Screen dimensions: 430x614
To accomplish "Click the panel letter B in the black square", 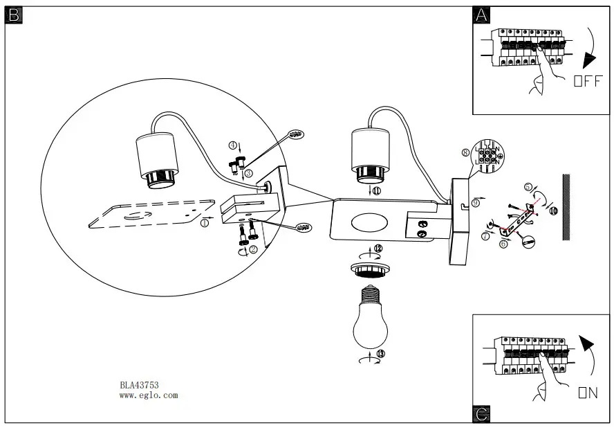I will (14, 15).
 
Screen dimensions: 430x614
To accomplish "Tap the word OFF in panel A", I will (587, 81).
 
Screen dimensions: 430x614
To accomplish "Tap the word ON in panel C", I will (587, 393).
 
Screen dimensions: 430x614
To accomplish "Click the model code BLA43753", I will (140, 386).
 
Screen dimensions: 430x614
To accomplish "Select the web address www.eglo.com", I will (149, 396).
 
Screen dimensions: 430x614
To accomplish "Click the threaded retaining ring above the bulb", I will (372, 268).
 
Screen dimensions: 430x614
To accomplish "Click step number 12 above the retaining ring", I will (378, 248).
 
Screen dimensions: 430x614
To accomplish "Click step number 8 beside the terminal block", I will (465, 152).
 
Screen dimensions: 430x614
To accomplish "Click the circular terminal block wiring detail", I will (489, 156).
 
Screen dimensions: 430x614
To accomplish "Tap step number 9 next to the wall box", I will (476, 202).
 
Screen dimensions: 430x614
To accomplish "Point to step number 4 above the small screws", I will (234, 145).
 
